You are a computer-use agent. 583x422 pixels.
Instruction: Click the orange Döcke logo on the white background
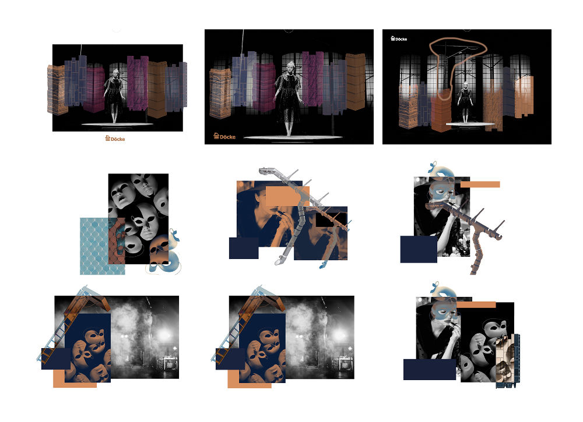click(x=115, y=139)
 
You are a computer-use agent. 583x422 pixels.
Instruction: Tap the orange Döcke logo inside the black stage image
click(x=224, y=136)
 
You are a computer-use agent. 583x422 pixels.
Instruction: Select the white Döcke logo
click(x=399, y=38)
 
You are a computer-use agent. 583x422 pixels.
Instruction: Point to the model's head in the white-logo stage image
click(x=465, y=86)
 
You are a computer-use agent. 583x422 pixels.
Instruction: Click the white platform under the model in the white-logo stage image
click(x=470, y=124)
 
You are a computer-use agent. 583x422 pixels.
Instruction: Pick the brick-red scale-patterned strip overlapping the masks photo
click(x=117, y=241)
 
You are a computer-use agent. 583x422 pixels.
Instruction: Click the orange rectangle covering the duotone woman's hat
click(x=287, y=196)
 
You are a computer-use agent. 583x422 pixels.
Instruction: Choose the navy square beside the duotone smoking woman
click(x=244, y=249)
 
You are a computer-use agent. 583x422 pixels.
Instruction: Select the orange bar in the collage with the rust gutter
click(x=480, y=185)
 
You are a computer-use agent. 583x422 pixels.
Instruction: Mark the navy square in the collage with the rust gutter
click(x=419, y=249)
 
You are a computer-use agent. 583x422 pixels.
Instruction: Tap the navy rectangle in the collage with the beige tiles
click(x=430, y=369)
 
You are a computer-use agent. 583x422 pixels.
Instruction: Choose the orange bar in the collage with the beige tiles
click(x=476, y=305)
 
